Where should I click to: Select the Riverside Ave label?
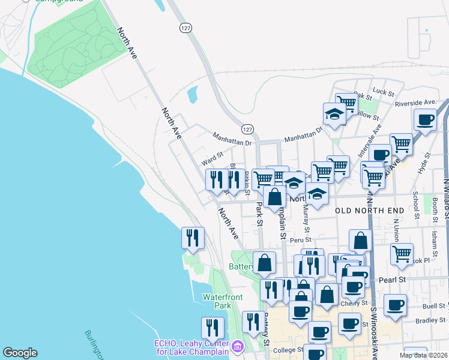tap(415, 103)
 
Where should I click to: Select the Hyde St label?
tap(427, 163)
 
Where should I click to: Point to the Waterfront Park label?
tap(217, 301)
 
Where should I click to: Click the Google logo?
tap(20, 353)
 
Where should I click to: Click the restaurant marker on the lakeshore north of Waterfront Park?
tap(193, 238)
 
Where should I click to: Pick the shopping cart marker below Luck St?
tap(346, 103)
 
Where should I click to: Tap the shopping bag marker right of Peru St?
tap(360, 241)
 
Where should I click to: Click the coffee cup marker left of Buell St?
tap(395, 305)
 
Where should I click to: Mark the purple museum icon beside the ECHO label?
tap(237, 347)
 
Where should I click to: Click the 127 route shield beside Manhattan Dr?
tap(247, 129)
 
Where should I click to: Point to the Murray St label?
tap(306, 218)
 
